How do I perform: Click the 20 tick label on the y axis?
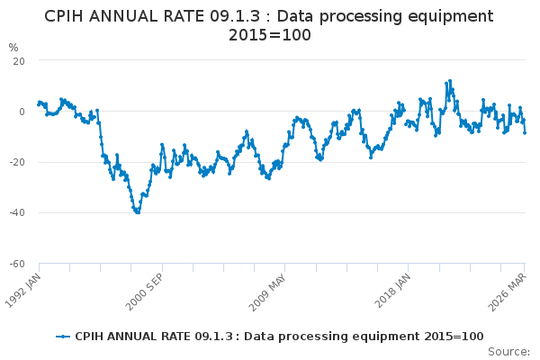[18, 60]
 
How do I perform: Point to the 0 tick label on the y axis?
[21, 112]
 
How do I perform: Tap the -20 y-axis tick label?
[16, 162]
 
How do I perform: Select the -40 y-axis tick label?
[16, 213]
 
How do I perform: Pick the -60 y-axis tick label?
[16, 264]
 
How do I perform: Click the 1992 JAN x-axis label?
[27, 287]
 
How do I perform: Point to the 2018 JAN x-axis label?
[394, 287]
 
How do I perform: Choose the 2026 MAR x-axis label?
[511, 287]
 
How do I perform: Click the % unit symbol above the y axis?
[13, 47]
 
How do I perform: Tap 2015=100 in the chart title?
[269, 35]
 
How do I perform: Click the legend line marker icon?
[63, 336]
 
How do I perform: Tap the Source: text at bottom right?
[509, 351]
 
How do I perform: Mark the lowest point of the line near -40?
[137, 212]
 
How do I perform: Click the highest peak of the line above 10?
[449, 81]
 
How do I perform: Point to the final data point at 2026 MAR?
[525, 132]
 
